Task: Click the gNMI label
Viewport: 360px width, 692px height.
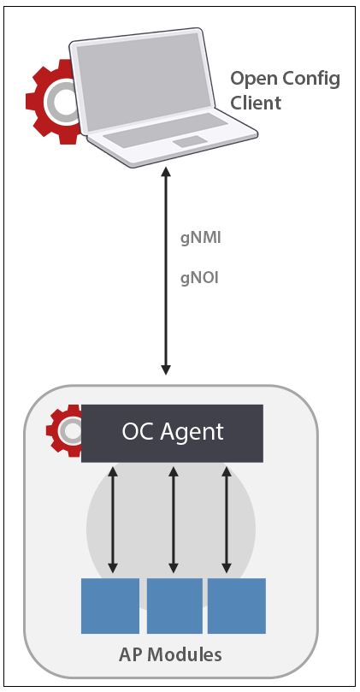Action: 200,239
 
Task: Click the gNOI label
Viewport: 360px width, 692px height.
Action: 200,277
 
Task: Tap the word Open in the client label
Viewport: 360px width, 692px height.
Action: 251,80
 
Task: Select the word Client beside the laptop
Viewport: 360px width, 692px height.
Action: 256,104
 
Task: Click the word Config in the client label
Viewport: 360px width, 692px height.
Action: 309,80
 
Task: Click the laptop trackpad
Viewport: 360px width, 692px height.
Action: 191,141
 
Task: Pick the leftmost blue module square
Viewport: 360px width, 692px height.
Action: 110,606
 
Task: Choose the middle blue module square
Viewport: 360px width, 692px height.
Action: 174,606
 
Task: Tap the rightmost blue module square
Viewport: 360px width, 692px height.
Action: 237,606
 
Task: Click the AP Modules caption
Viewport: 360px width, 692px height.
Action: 169,655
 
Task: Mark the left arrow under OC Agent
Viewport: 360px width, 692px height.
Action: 112,519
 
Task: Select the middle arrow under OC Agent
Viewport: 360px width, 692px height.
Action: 174,519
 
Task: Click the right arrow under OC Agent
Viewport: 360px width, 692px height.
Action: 227,519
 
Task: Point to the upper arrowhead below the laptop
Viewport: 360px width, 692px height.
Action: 167,174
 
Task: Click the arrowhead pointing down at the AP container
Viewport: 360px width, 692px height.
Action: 167,370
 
